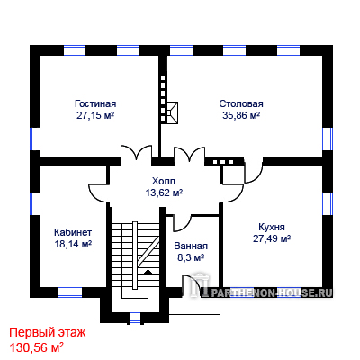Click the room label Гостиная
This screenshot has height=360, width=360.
pyautogui.click(x=95, y=103)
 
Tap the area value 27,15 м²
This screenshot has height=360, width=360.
pyautogui.click(x=95, y=116)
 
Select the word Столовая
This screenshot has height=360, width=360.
pyautogui.click(x=241, y=103)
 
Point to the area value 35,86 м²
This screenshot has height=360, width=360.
pyautogui.click(x=241, y=115)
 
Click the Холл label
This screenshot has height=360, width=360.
pyautogui.click(x=164, y=181)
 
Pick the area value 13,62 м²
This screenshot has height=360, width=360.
pyautogui.click(x=164, y=193)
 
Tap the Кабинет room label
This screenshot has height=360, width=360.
pyautogui.click(x=73, y=232)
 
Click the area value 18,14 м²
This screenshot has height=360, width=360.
pyautogui.click(x=73, y=244)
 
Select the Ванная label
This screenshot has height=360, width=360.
pyautogui.click(x=191, y=246)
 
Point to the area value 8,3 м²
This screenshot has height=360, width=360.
pyautogui.click(x=191, y=257)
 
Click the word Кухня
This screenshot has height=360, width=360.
pyautogui.click(x=272, y=227)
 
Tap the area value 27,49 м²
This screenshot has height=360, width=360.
pyautogui.click(x=272, y=238)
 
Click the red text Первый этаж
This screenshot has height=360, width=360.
pyautogui.click(x=48, y=333)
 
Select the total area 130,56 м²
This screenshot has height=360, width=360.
pyautogui.click(x=37, y=347)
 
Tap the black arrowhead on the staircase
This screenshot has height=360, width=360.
pyautogui.click(x=148, y=272)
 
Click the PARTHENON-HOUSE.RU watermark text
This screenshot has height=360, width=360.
pyautogui.click(x=272, y=292)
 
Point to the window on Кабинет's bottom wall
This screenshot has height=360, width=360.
pyautogui.click(x=69, y=292)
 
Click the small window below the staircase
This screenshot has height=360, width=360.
pyautogui.click(x=136, y=318)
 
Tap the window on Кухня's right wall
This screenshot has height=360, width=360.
pyautogui.click(x=328, y=203)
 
